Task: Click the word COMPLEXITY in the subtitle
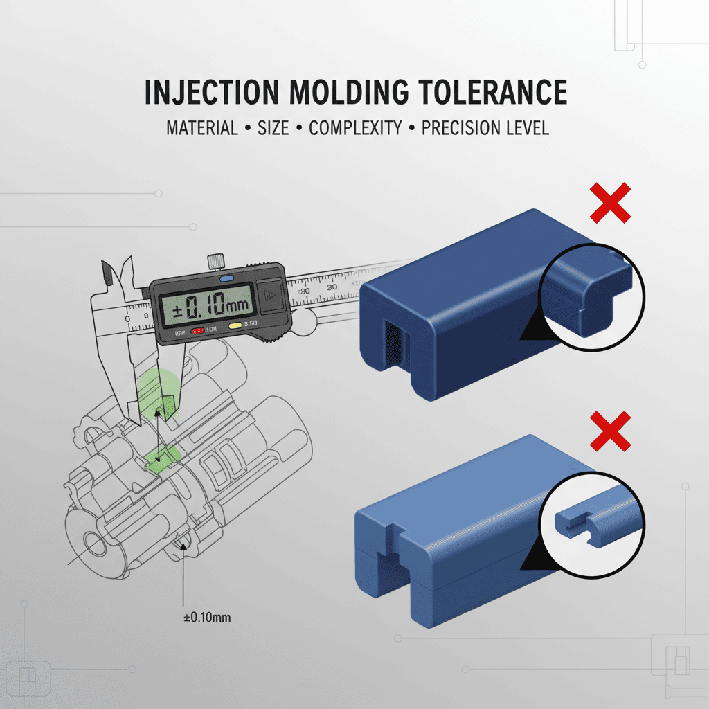tap(355, 129)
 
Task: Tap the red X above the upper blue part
tap(610, 203)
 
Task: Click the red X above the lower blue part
tap(610, 430)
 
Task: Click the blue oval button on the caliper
tap(226, 278)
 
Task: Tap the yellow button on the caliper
tap(235, 325)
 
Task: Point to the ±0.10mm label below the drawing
tap(207, 617)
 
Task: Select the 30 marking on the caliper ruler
tap(332, 287)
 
